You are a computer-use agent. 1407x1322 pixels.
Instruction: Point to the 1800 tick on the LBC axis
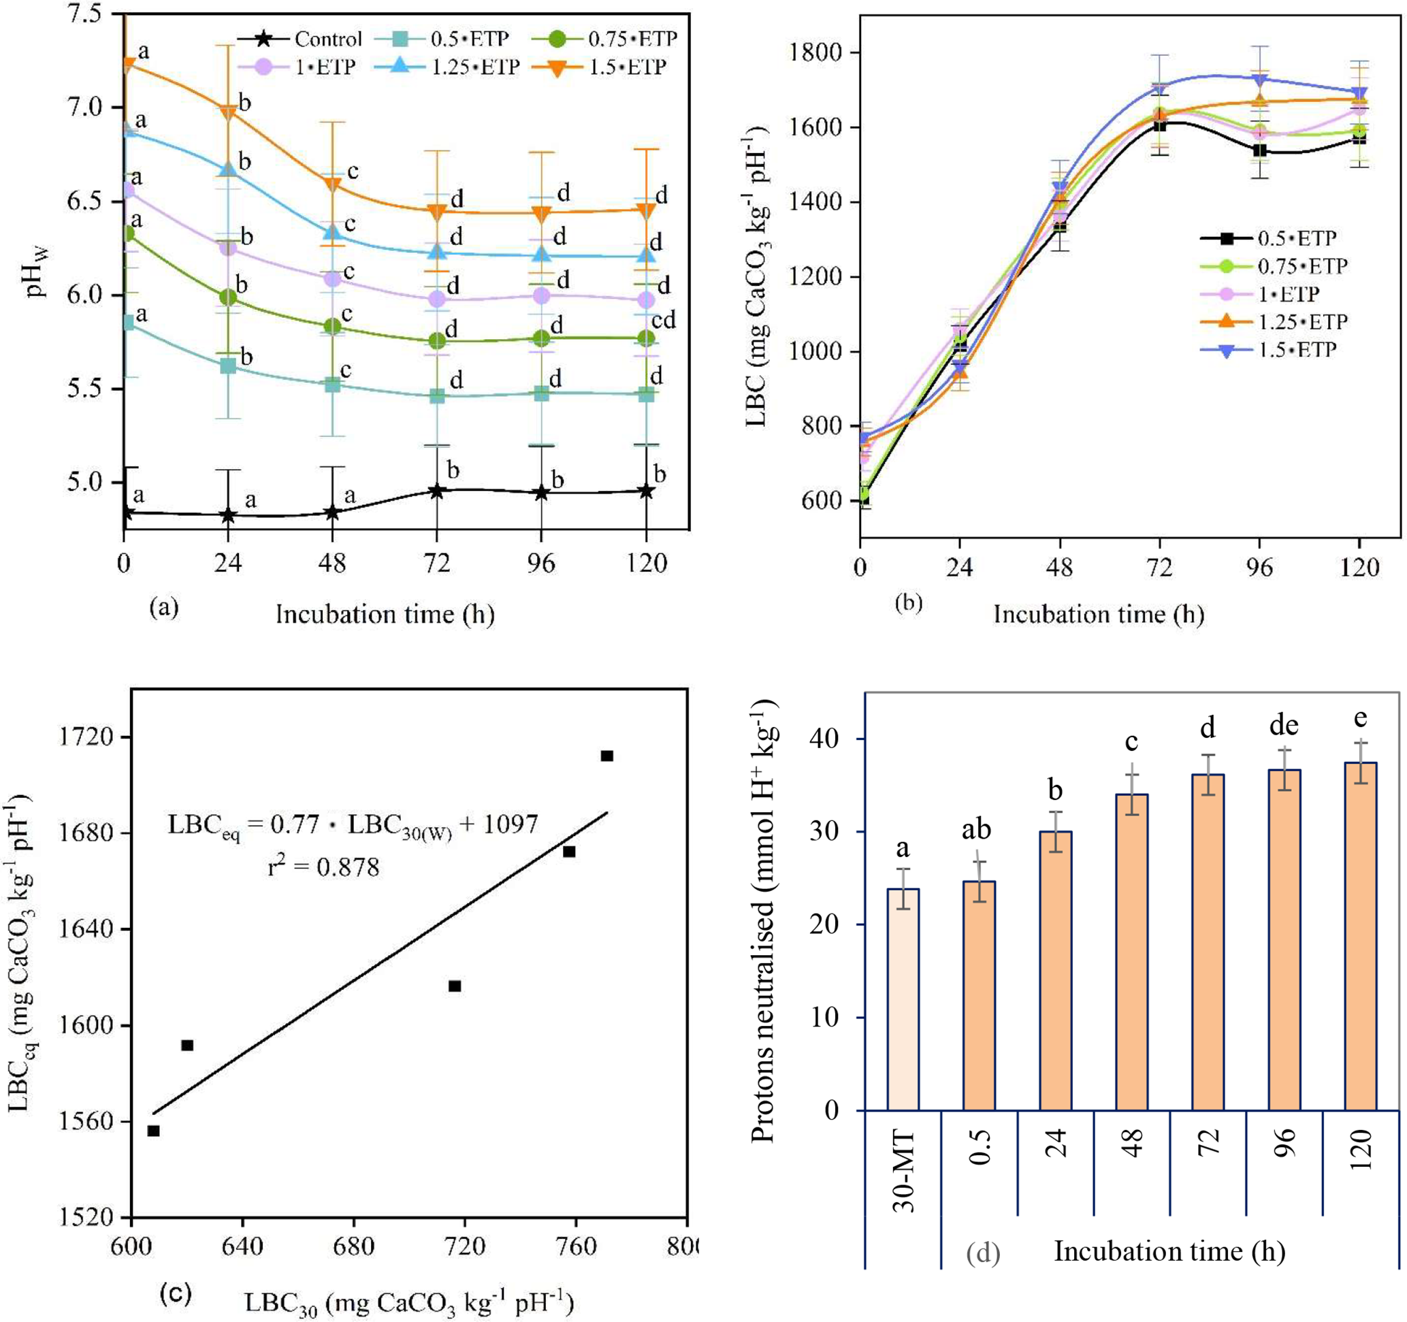pyautogui.click(x=820, y=53)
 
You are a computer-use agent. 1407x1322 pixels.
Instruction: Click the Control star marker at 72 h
pyautogui.click(x=437, y=491)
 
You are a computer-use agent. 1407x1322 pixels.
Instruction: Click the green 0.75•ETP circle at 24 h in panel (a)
pyautogui.click(x=228, y=297)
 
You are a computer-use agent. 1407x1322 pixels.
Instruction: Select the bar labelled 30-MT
pyautogui.click(x=903, y=999)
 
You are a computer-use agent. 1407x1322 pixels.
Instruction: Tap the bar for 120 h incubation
pyautogui.click(x=1360, y=935)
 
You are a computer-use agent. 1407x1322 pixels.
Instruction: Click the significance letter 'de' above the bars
pyautogui.click(x=1284, y=726)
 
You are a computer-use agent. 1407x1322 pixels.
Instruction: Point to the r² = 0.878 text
pyautogui.click(x=323, y=867)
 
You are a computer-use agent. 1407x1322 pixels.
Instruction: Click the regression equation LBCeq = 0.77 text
pyautogui.click(x=353, y=825)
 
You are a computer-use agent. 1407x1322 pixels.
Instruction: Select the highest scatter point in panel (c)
pyautogui.click(x=607, y=756)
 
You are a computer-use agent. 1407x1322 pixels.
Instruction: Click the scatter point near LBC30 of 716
pyautogui.click(x=455, y=986)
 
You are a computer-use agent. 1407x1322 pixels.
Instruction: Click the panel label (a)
pyautogui.click(x=164, y=607)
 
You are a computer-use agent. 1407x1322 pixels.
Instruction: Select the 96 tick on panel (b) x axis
pyautogui.click(x=1259, y=567)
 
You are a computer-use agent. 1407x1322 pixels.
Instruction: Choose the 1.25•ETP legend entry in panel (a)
pyautogui.click(x=475, y=67)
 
